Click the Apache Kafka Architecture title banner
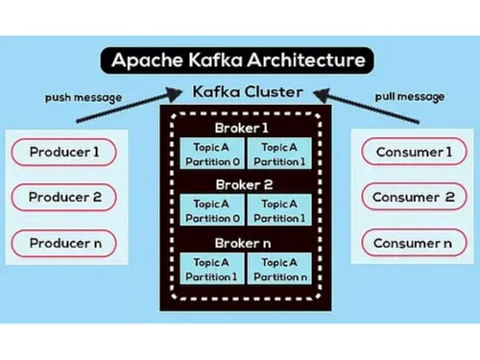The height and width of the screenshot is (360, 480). click(x=239, y=60)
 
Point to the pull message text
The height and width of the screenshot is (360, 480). click(x=411, y=98)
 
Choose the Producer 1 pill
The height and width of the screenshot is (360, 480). click(x=64, y=152)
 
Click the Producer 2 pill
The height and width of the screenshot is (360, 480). click(x=64, y=197)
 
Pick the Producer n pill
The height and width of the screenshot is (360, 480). click(x=64, y=243)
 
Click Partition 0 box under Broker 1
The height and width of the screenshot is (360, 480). click(x=210, y=156)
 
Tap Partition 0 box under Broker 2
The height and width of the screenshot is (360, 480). click(x=210, y=211)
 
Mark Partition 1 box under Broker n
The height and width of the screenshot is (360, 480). click(x=210, y=269)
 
